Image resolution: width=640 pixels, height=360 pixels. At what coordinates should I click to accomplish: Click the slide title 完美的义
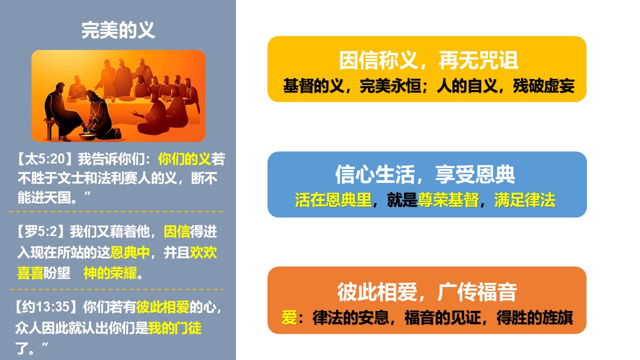tap(118, 30)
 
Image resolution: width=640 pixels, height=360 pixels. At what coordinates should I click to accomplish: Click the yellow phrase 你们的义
tap(184, 159)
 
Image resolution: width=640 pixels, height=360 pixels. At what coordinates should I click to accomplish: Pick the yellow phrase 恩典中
tap(130, 252)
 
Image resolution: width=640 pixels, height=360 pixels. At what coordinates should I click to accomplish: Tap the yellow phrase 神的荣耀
tap(110, 273)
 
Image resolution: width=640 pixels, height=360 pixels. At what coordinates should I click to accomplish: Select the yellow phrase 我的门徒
tap(174, 328)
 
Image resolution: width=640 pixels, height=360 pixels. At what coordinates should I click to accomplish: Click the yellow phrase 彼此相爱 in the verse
tap(163, 307)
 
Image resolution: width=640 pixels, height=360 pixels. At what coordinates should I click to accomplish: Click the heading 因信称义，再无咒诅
tap(428, 60)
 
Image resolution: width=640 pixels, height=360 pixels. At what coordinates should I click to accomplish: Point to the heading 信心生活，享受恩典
tap(425, 174)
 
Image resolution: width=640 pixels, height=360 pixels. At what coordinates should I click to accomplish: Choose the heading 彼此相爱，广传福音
tap(427, 292)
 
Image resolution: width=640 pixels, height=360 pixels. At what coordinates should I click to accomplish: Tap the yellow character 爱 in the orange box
tap(289, 317)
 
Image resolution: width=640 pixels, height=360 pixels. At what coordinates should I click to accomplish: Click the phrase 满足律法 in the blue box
tap(525, 199)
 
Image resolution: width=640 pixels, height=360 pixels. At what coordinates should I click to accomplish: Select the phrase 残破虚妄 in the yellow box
tap(543, 85)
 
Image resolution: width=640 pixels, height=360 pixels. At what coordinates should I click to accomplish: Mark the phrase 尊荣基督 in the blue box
tap(448, 199)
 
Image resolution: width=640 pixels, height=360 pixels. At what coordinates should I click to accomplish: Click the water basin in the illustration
tap(87, 135)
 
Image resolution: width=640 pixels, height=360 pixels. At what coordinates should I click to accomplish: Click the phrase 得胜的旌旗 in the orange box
tap(534, 317)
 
